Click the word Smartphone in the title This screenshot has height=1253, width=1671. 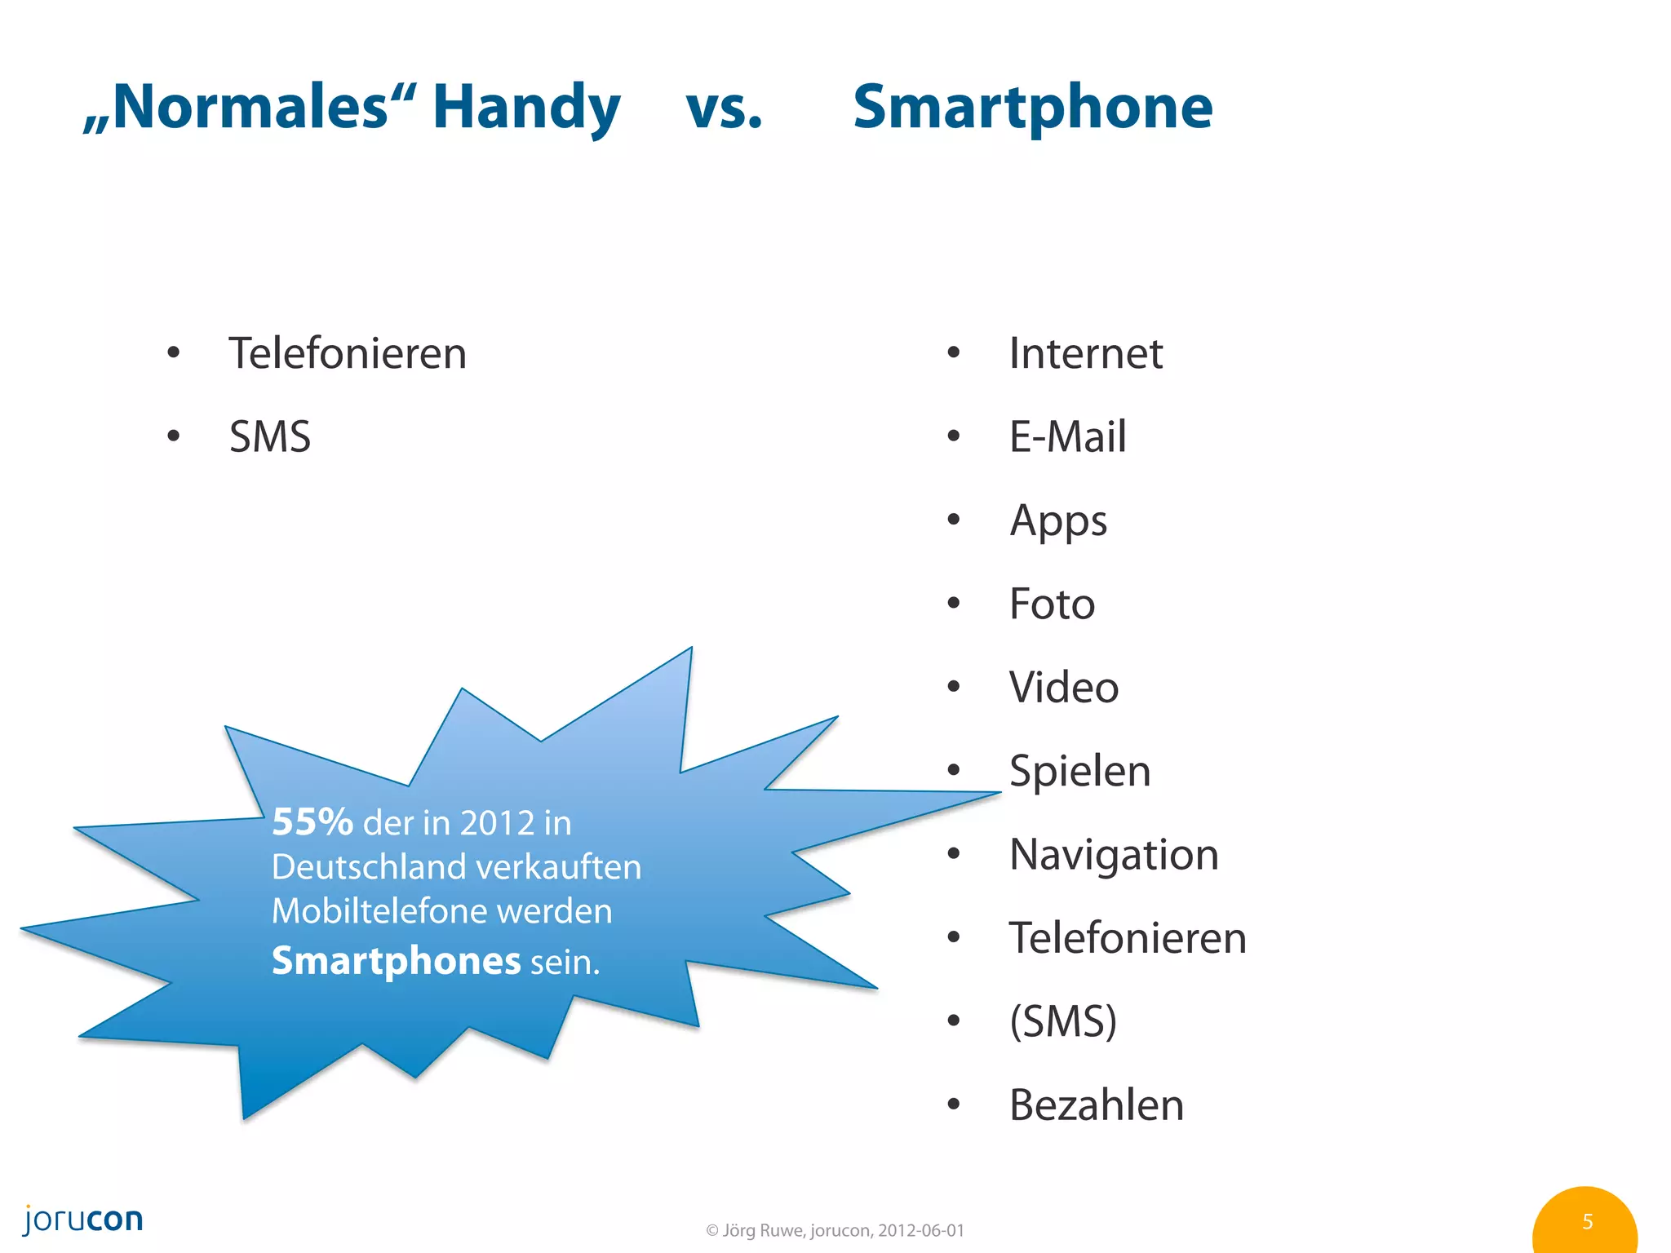[1032, 108]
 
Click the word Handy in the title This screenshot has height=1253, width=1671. [526, 108]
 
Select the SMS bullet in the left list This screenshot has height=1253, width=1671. [270, 436]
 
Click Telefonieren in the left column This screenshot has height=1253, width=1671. [348, 353]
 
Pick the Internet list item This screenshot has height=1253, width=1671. [1085, 353]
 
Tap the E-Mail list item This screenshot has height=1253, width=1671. [1067, 436]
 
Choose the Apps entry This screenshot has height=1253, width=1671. [1058, 521]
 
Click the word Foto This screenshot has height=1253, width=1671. [1052, 604]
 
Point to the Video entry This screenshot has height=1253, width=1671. [1063, 687]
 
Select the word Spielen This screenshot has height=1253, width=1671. [1079, 771]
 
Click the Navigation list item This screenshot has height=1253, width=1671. [1114, 854]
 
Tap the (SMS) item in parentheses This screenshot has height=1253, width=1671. [1063, 1021]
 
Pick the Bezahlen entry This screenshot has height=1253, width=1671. [1096, 1105]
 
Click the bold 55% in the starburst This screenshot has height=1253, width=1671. [312, 821]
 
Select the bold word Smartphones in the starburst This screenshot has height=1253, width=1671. [396, 960]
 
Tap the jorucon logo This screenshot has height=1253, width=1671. [83, 1220]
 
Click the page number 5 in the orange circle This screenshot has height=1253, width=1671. [1587, 1221]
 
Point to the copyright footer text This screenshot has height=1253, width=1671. [835, 1230]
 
